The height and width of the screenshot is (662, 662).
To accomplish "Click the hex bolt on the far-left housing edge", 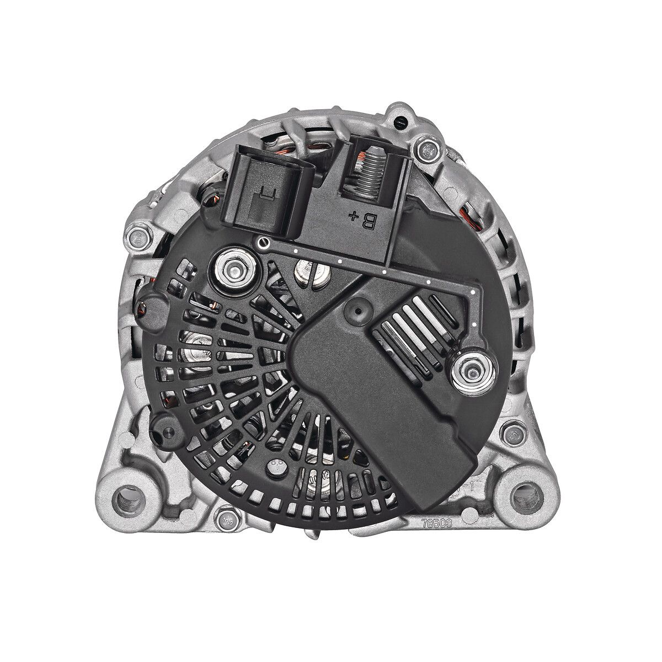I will click(x=136, y=238).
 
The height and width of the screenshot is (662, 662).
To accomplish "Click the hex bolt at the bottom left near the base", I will click(x=224, y=517).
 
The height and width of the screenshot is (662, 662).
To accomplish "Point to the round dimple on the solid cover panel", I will click(x=356, y=312).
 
